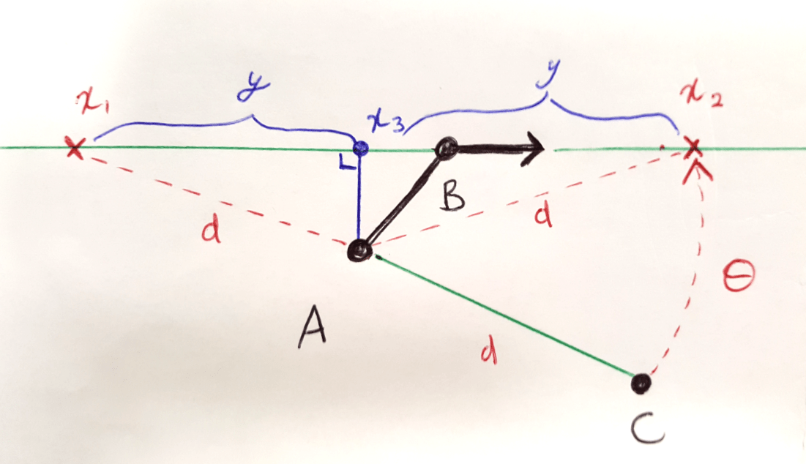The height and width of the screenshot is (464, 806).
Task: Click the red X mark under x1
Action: tap(73, 148)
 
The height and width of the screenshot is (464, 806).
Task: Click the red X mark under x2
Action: tap(691, 149)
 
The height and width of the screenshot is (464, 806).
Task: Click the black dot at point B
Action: tap(444, 150)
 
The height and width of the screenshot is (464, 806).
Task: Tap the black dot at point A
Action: tap(360, 250)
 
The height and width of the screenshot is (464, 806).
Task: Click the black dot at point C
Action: tap(641, 383)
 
